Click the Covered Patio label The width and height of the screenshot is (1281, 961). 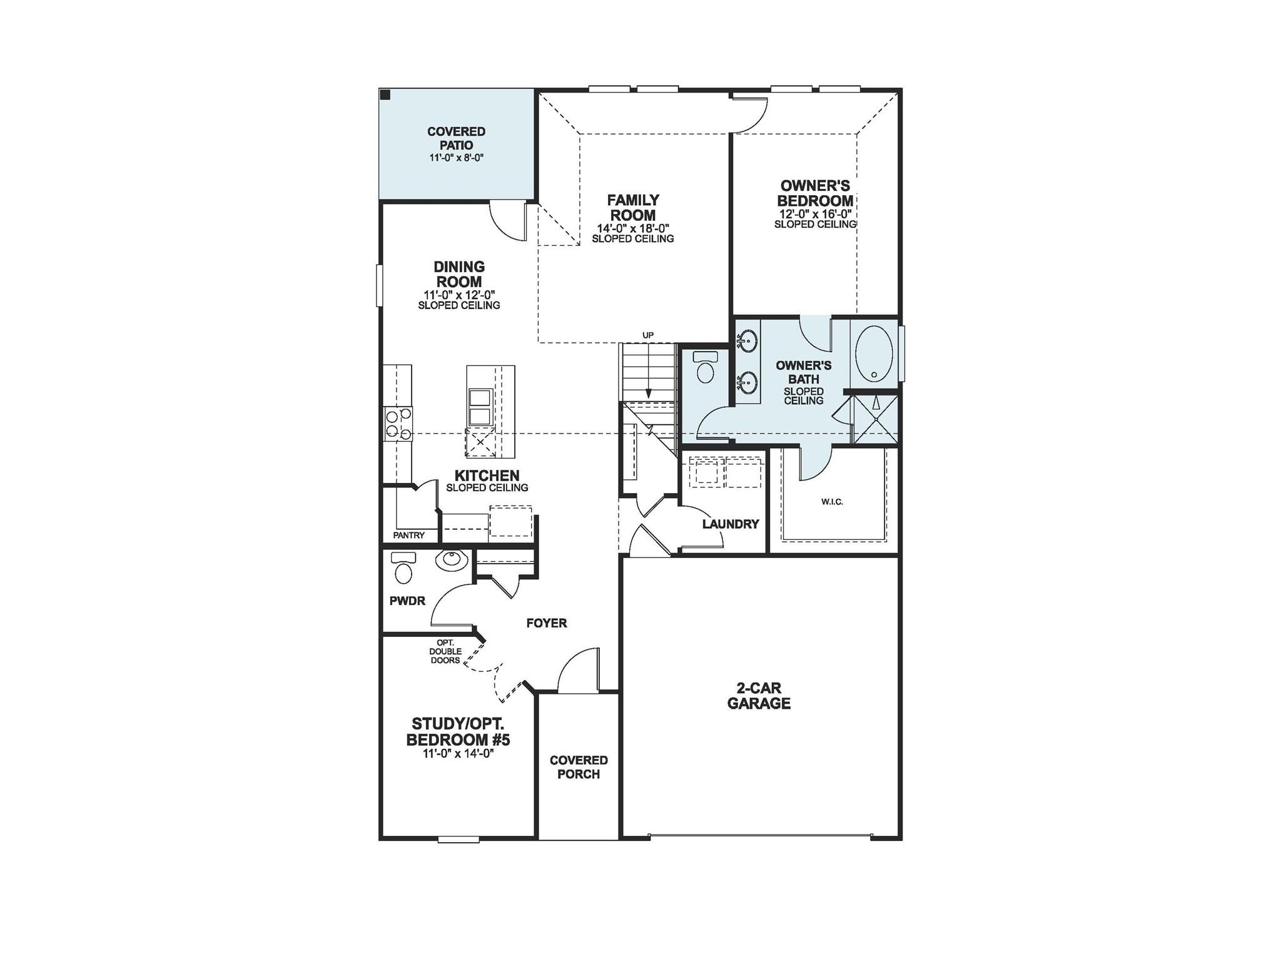tap(456, 138)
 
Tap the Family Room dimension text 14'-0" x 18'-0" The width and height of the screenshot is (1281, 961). tap(633, 228)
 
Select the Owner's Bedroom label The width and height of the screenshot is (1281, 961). tap(815, 193)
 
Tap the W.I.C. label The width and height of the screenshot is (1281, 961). tap(832, 502)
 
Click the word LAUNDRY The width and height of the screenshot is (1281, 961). tap(730, 524)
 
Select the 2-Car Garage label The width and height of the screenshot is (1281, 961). tap(759, 696)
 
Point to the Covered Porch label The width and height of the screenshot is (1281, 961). tap(579, 767)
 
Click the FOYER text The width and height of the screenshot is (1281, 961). tap(547, 623)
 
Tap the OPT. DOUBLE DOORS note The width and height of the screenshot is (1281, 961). tap(445, 651)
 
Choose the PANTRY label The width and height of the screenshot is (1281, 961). tap(409, 536)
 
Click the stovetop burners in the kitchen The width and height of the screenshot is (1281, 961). tap(398, 424)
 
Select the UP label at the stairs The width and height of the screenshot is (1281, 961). tap(648, 335)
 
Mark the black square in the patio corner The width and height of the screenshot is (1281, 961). tap(386, 95)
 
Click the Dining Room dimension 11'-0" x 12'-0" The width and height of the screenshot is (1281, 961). tap(459, 295)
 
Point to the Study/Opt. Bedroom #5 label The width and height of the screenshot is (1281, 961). tap(458, 732)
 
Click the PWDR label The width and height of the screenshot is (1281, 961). tap(407, 601)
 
